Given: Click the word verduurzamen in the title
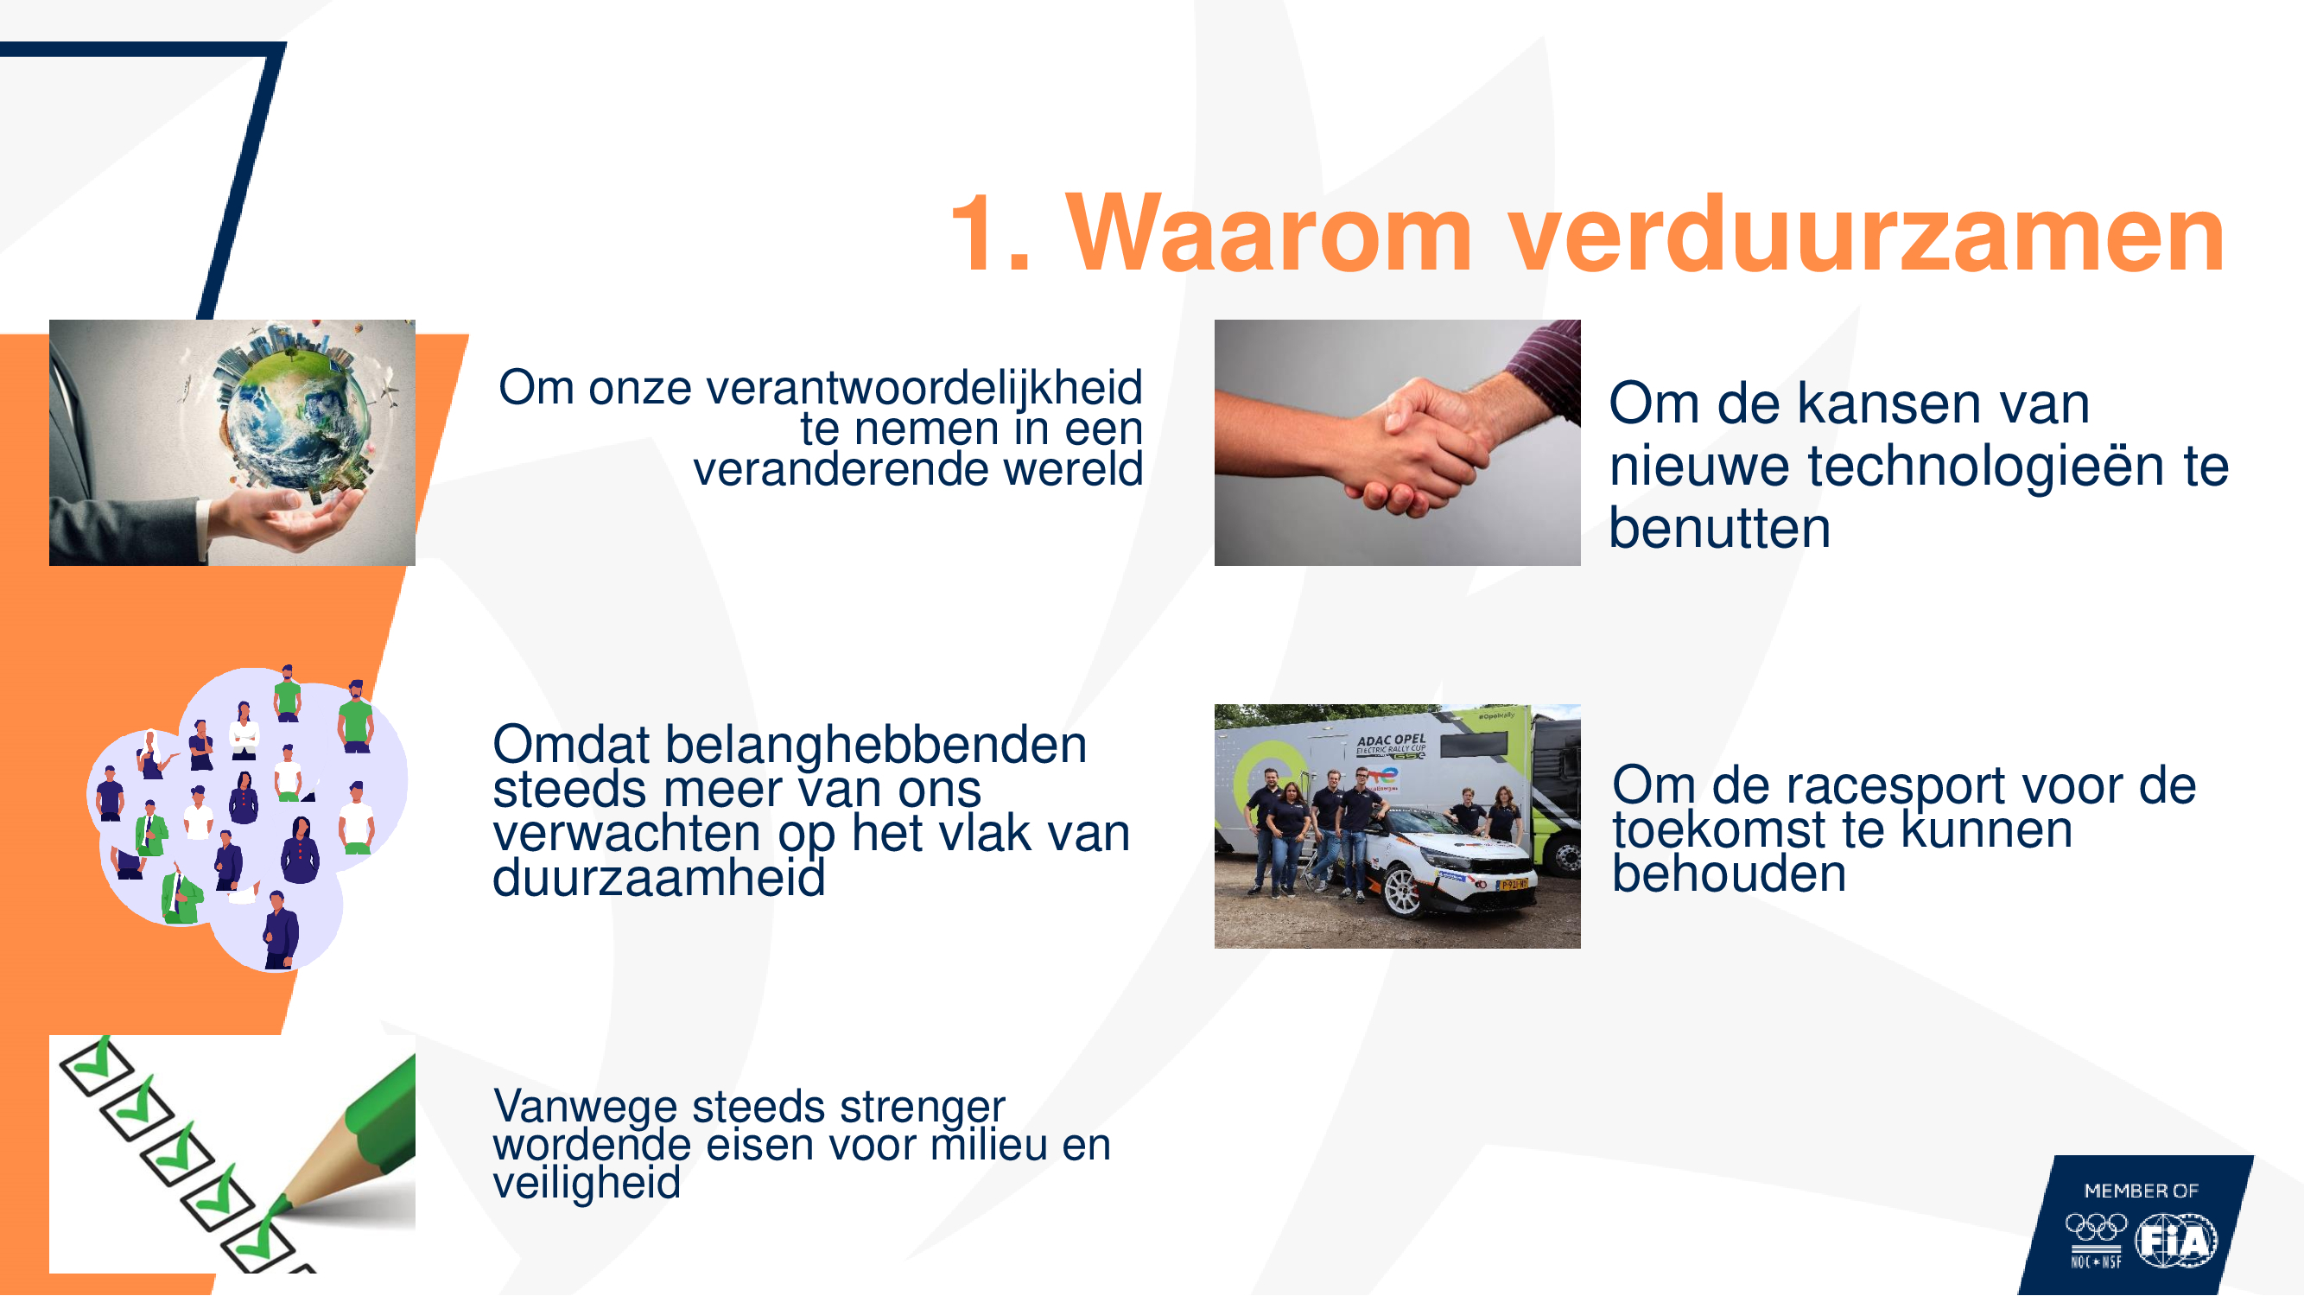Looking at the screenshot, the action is click(1867, 234).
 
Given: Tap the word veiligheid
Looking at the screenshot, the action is click(587, 1183).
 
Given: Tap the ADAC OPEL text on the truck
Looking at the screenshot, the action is click(1392, 740).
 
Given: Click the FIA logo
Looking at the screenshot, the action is click(2176, 1241).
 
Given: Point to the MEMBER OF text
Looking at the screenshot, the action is click(2142, 1191).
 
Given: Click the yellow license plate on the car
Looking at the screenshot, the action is click(1514, 886).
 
